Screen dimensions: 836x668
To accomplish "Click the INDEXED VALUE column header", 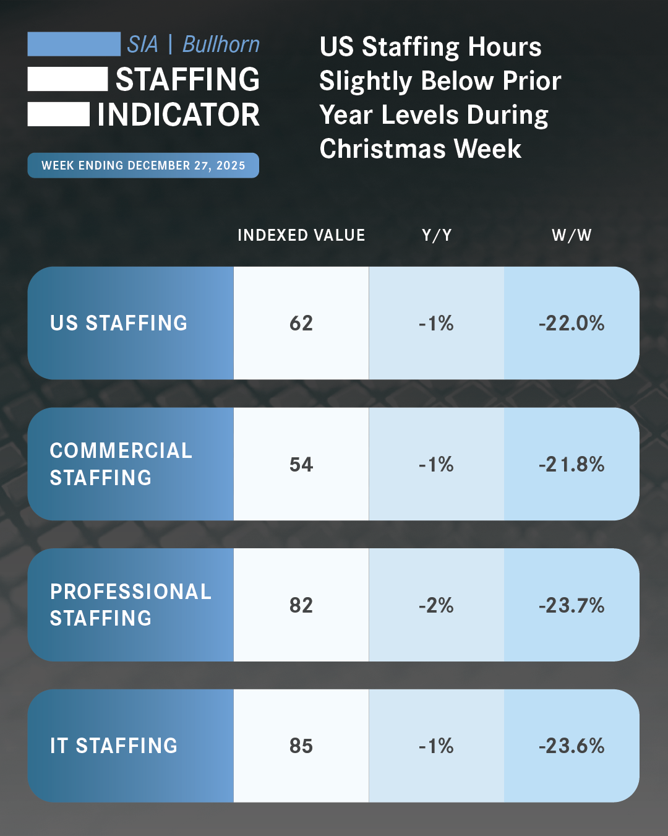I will pyautogui.click(x=301, y=236).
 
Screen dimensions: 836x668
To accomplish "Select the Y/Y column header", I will pyautogui.click(x=437, y=236).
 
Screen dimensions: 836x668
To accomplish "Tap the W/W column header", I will pyautogui.click(x=572, y=236).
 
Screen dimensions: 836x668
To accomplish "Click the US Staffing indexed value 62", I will pyautogui.click(x=301, y=323).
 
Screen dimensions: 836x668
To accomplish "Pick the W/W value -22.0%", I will pyautogui.click(x=572, y=323).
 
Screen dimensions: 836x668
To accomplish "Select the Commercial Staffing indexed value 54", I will pyautogui.click(x=301, y=464).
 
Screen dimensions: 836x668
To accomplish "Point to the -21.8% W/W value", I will pyautogui.click(x=572, y=464).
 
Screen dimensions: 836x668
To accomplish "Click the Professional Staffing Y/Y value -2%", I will pyautogui.click(x=437, y=605).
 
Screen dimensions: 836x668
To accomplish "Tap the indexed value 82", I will pyautogui.click(x=301, y=605).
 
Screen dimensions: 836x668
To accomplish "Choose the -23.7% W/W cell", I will pyautogui.click(x=572, y=605).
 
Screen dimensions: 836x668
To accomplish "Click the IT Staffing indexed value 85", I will pyautogui.click(x=301, y=746).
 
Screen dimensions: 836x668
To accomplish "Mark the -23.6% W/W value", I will pyautogui.click(x=572, y=746).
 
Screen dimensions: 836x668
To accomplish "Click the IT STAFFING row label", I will pyautogui.click(x=114, y=746).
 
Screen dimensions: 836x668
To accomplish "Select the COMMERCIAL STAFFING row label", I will pyautogui.click(x=121, y=464).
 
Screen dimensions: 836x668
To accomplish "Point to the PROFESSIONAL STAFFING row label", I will pyautogui.click(x=131, y=605).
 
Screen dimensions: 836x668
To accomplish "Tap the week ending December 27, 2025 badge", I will pyautogui.click(x=143, y=166).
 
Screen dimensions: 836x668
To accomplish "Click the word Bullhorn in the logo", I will pyautogui.click(x=221, y=45).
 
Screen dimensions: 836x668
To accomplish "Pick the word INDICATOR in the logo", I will pyautogui.click(x=179, y=115).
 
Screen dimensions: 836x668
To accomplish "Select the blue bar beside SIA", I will pyautogui.click(x=74, y=45).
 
